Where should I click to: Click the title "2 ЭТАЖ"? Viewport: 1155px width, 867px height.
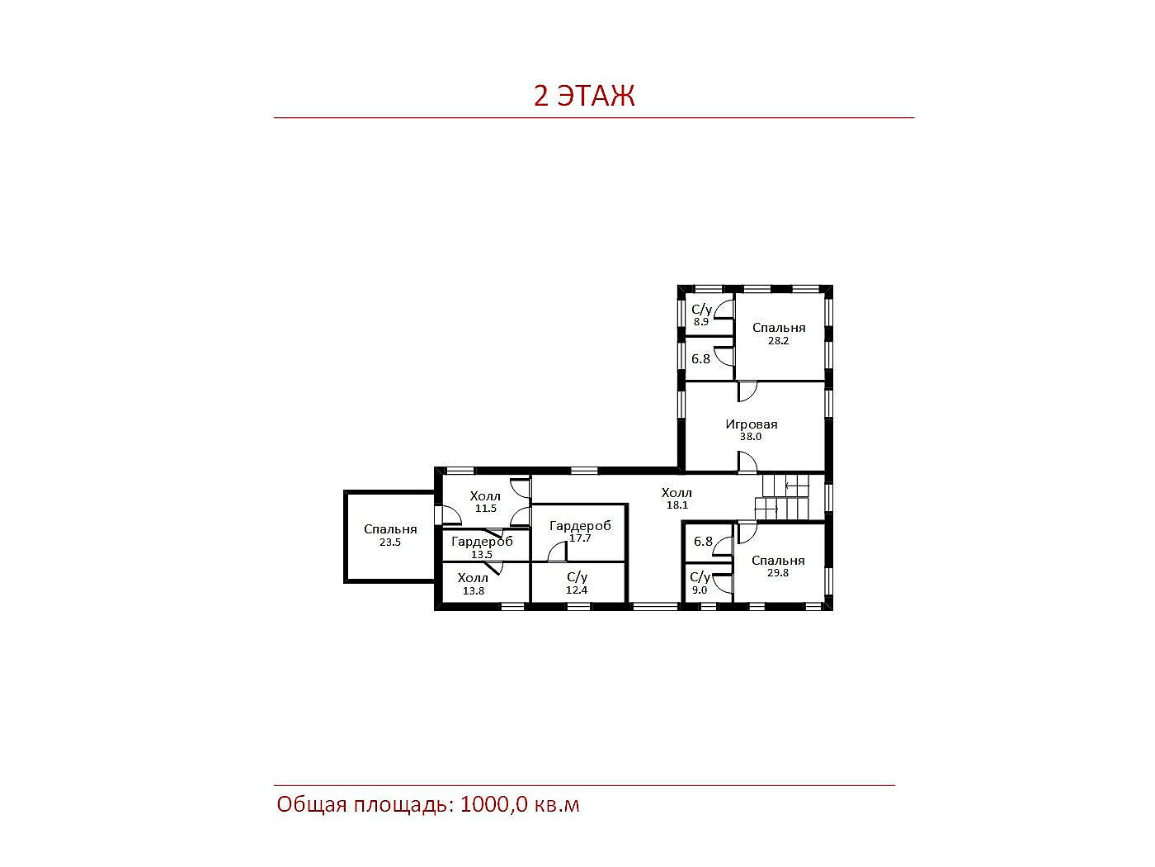point(584,96)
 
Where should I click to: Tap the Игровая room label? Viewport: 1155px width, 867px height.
point(751,424)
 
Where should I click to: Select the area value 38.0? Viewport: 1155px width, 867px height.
point(751,437)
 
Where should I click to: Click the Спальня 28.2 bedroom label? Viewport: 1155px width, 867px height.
point(779,334)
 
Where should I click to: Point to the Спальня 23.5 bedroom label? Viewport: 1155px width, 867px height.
point(390,535)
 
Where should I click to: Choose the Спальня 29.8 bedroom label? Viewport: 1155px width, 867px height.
point(778,566)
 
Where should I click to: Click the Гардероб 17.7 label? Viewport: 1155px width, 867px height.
point(580,531)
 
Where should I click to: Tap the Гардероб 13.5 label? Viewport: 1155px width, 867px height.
point(482,547)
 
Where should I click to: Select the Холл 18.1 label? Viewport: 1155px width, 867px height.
point(676,499)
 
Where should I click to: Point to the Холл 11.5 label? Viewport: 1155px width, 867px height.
point(485,502)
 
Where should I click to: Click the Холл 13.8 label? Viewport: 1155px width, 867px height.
point(473,584)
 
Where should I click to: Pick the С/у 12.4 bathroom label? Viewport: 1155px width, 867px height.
point(577,583)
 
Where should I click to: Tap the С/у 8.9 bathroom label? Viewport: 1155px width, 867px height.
point(701,315)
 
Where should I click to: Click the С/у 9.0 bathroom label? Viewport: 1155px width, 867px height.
point(700,583)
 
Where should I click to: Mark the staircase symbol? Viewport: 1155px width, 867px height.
point(785,497)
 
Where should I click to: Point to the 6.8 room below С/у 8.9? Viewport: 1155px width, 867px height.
point(701,359)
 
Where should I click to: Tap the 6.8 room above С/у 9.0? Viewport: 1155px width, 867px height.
point(703,541)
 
